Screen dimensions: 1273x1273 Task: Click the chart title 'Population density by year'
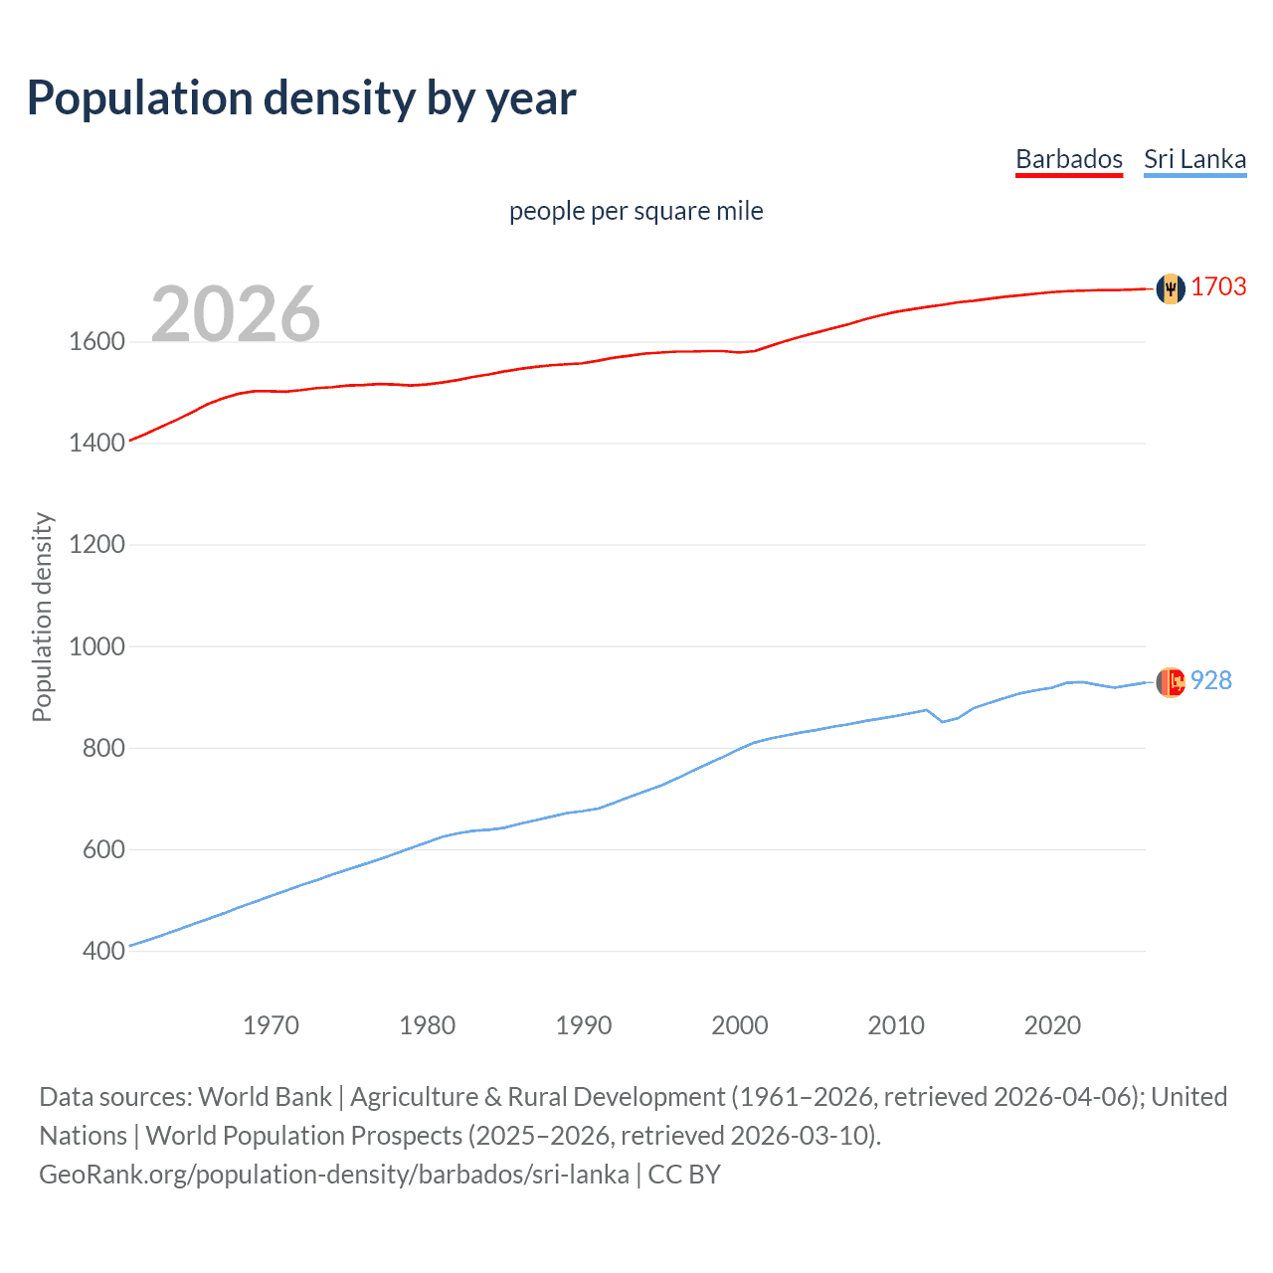[x=301, y=98]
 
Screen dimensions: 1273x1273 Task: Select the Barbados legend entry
[x=1068, y=159]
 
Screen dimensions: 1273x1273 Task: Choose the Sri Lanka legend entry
[x=1194, y=159]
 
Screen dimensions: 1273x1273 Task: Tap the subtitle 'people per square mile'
[x=636, y=211]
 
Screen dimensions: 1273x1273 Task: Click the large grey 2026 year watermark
[x=236, y=314]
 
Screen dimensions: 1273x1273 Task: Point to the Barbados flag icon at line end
[x=1171, y=288]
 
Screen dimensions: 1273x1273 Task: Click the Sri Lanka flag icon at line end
[x=1171, y=682]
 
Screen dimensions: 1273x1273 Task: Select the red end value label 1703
[x=1218, y=286]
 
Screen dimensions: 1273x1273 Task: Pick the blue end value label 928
[x=1211, y=680]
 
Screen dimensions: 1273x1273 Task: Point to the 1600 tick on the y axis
[x=96, y=342]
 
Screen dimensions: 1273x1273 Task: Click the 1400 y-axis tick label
[x=96, y=444]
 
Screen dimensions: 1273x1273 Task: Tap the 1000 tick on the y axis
[x=96, y=646]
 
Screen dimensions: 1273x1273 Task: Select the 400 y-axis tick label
[x=103, y=951]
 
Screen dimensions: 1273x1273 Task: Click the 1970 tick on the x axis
[x=271, y=1025]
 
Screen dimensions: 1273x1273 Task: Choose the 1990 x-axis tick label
[x=584, y=1025]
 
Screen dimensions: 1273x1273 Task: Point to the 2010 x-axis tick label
[x=896, y=1025]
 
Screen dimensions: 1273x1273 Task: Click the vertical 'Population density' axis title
[x=42, y=617]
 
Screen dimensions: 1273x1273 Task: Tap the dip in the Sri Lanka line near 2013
[x=942, y=721]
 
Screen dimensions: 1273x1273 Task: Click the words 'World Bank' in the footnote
[x=265, y=1097]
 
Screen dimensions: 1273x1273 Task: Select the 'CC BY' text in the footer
[x=684, y=1175]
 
